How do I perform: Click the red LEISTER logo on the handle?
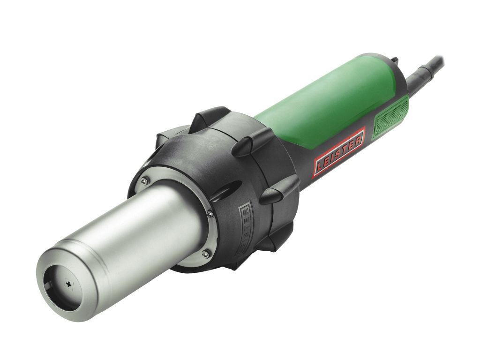(339, 152)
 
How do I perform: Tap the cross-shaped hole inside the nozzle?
(69, 285)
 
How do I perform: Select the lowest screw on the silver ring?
(206, 253)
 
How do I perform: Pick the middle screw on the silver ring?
(210, 214)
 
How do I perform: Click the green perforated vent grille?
(391, 115)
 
